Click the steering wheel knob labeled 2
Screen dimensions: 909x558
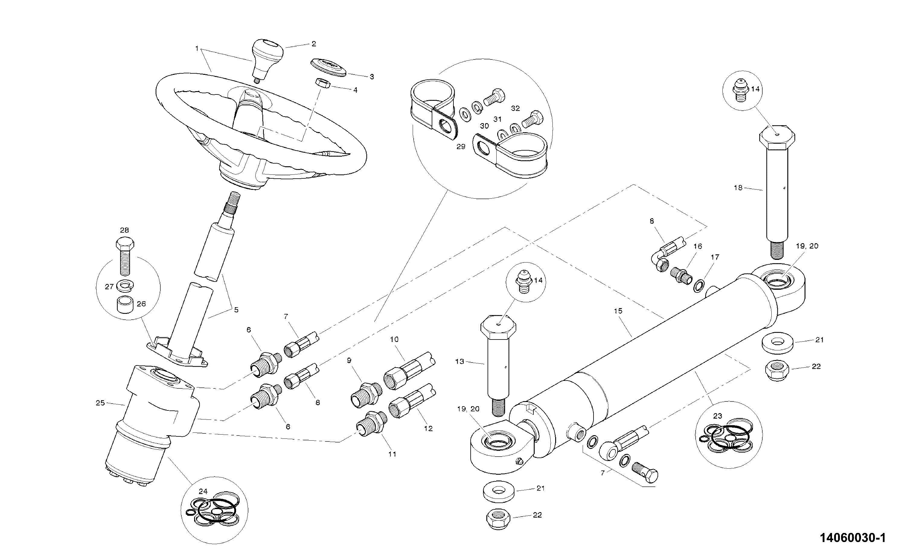[267, 60]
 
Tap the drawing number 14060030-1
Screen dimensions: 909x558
[853, 538]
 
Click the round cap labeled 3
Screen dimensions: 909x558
[328, 68]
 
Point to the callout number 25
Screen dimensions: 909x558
[101, 403]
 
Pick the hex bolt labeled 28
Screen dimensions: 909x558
[125, 257]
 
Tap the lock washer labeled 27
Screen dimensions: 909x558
[125, 285]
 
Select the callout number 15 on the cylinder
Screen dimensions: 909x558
[618, 311]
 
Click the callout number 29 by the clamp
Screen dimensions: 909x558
[461, 146]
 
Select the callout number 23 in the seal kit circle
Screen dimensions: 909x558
[718, 416]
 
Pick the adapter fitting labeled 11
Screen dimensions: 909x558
[372, 424]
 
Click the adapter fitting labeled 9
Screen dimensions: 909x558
[366, 395]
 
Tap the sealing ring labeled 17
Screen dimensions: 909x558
[699, 286]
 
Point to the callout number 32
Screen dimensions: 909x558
[515, 108]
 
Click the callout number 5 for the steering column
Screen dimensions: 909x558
[236, 310]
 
